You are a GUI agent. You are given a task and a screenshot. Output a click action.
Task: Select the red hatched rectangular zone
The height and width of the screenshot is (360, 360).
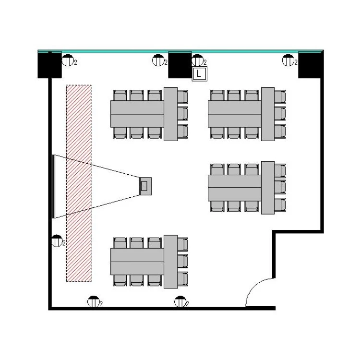[79, 183]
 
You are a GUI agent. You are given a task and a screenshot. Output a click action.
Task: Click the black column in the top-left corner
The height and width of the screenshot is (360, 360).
[50, 65]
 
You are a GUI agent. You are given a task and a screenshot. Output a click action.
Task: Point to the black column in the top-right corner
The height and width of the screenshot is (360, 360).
[310, 65]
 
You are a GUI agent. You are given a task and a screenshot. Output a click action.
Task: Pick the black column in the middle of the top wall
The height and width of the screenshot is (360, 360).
[180, 65]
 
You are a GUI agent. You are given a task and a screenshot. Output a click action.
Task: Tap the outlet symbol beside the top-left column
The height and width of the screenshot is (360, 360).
[68, 61]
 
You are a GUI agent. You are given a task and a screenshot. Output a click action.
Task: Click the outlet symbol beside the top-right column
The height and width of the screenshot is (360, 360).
[288, 61]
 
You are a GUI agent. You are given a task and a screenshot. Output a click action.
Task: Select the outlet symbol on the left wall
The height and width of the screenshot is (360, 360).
[57, 241]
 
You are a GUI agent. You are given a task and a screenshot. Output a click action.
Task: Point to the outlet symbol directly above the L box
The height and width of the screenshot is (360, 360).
[197, 61]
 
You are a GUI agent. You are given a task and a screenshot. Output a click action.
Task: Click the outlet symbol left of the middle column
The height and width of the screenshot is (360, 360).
[158, 61]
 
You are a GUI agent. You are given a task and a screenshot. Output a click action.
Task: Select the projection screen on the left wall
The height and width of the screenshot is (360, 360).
[52, 186]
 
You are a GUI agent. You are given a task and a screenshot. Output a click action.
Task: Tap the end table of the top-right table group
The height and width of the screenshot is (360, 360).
[268, 114]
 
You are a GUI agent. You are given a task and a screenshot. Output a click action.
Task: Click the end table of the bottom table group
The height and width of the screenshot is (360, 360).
[170, 262]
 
